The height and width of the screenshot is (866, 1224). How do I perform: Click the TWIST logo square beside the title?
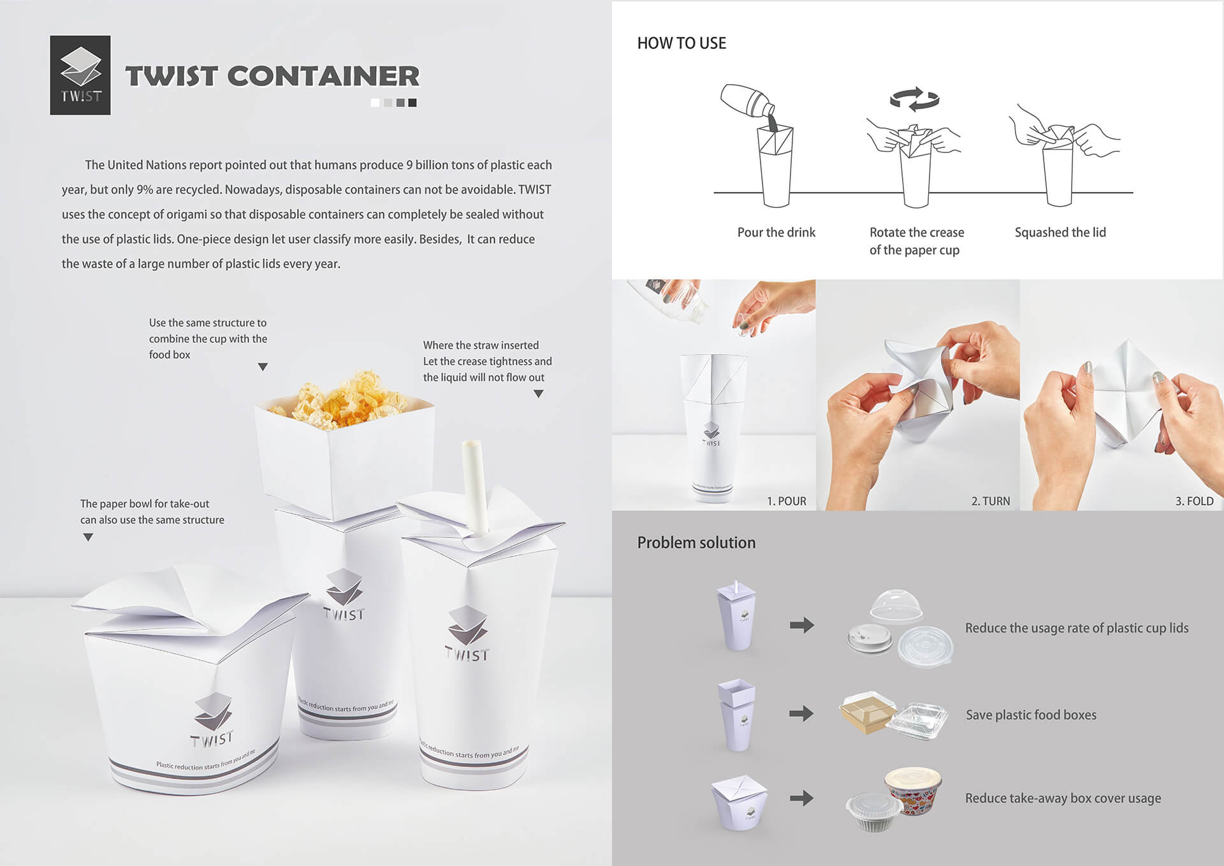pos(80,75)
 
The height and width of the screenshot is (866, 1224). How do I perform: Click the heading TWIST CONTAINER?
pos(273,76)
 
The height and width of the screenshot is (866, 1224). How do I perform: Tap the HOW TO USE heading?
pos(681,43)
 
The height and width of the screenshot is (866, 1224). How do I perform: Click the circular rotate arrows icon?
pos(915,99)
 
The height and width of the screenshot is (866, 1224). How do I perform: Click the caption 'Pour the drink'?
pos(776,232)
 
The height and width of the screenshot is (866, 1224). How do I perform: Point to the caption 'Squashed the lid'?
pos(1060,232)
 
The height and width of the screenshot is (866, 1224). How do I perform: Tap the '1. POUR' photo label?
pos(786,501)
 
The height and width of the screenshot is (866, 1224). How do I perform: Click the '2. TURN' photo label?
pos(991,501)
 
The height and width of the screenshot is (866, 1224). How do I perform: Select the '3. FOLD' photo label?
pos(1195,501)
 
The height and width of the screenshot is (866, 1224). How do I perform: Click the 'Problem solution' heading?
pos(696,543)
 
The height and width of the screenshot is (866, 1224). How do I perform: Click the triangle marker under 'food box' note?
pos(263,367)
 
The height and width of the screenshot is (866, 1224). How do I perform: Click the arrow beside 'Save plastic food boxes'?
pos(801,713)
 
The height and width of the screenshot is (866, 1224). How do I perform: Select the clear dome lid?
pos(896,605)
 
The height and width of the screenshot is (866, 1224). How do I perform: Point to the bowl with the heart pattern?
pos(913,791)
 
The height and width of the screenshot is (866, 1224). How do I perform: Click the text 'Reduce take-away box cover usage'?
pos(1063,798)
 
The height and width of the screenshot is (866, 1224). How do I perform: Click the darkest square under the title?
pos(412,103)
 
